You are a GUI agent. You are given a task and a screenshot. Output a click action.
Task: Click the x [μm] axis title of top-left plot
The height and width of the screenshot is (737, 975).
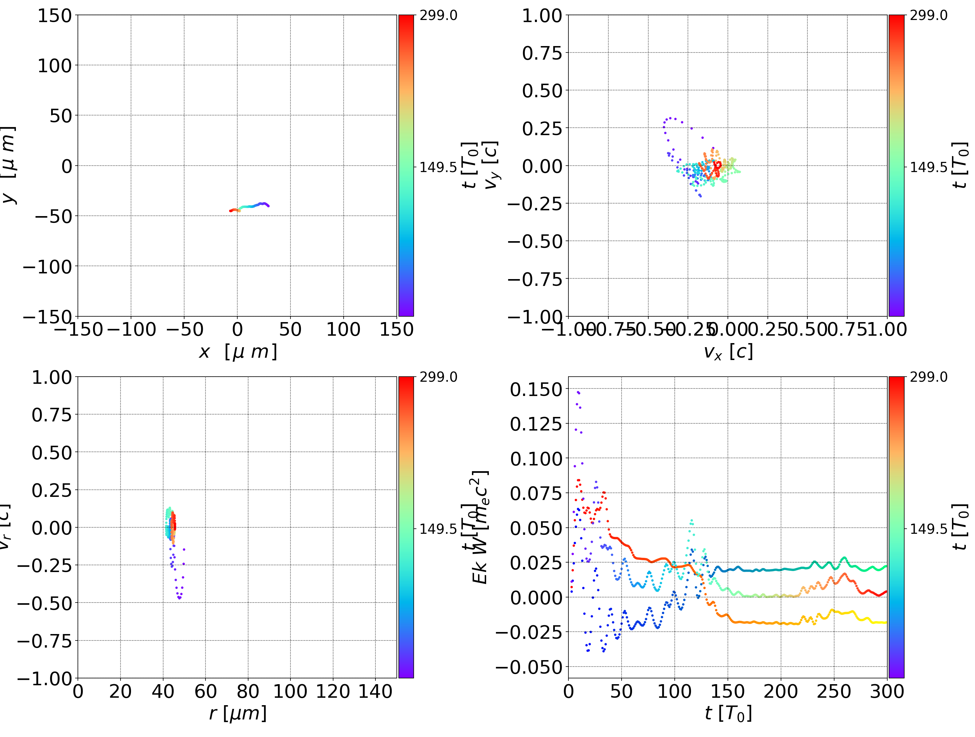click(x=238, y=352)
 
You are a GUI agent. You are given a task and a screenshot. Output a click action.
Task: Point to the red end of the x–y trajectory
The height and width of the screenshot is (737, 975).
click(x=231, y=211)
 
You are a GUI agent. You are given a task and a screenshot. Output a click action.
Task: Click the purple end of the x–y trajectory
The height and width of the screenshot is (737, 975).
click(x=268, y=206)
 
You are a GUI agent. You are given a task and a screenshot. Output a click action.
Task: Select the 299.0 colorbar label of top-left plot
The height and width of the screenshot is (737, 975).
click(x=438, y=16)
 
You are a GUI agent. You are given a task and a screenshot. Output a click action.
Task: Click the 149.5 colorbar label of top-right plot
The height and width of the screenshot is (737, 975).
click(x=928, y=167)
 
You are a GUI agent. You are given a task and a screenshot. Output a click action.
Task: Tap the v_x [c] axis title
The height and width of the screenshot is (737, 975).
click(x=728, y=352)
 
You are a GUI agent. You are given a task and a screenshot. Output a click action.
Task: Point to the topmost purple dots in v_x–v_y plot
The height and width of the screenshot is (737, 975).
click(x=670, y=118)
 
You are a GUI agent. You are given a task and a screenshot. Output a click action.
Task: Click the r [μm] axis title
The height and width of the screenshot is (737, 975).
click(x=238, y=714)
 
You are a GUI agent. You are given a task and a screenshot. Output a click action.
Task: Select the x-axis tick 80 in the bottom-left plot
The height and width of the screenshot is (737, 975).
click(x=248, y=692)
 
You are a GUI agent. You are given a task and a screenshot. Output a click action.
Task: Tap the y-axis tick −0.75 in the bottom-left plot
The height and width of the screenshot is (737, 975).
click(x=44, y=640)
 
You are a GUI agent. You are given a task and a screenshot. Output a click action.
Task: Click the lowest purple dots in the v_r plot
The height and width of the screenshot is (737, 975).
click(x=179, y=598)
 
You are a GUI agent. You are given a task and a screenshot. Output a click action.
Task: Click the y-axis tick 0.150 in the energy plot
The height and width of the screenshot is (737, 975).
click(x=530, y=389)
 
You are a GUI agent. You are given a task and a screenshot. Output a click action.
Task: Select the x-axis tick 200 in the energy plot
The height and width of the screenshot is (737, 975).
click(x=781, y=692)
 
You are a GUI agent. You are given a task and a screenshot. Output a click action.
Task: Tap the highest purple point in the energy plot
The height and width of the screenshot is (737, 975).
click(x=578, y=392)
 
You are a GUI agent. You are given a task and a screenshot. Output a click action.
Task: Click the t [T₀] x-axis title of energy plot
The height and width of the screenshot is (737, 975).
click(x=728, y=714)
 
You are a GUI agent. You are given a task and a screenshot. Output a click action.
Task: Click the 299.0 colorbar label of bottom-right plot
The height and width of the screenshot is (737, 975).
click(x=928, y=377)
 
